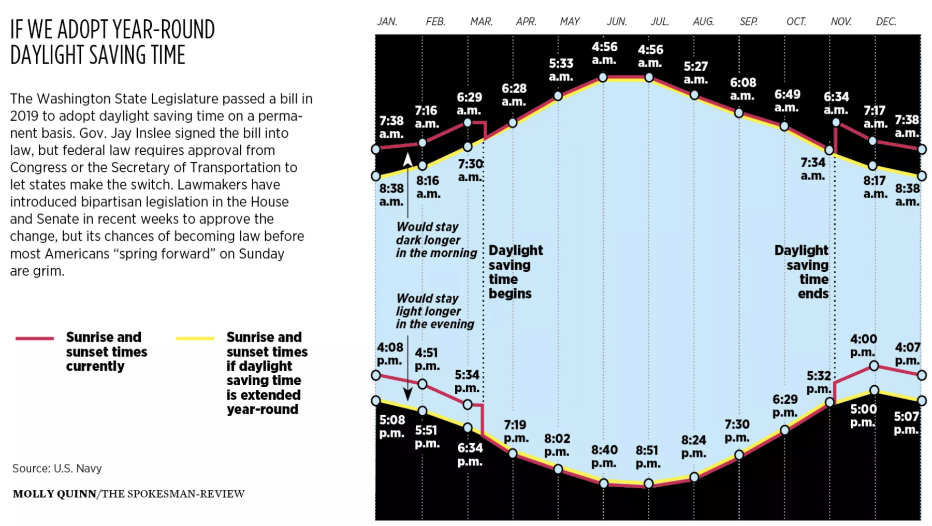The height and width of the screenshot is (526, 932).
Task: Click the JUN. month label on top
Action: click(x=617, y=22)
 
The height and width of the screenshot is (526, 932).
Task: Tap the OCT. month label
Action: click(x=796, y=22)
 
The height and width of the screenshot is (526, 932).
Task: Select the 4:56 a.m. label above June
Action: click(x=604, y=53)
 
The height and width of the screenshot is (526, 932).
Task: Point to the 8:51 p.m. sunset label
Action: click(x=648, y=457)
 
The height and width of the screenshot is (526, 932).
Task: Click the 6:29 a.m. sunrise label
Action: click(x=469, y=104)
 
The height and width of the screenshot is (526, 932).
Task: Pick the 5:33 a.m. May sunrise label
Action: click(x=561, y=70)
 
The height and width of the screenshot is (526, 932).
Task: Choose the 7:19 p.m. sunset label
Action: click(x=516, y=431)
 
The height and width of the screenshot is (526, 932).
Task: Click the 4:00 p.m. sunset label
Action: click(x=863, y=345)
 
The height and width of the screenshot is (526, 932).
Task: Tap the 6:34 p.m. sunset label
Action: click(x=470, y=454)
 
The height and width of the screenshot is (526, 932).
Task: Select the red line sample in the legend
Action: click(x=35, y=338)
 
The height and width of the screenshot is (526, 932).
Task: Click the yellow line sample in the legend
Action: click(x=195, y=338)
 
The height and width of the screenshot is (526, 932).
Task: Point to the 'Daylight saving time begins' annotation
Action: click(x=515, y=272)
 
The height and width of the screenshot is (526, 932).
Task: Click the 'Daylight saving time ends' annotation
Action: click(x=802, y=272)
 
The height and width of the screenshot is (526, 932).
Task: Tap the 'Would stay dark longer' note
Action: click(x=436, y=240)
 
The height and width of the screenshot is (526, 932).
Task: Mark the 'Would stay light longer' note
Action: click(x=435, y=311)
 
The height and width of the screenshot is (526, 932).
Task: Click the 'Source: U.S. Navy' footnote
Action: click(x=57, y=469)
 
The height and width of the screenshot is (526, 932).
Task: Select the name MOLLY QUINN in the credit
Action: click(x=54, y=494)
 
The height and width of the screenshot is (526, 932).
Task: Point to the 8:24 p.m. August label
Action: click(x=693, y=446)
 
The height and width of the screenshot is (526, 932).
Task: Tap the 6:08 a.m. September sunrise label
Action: click(x=742, y=89)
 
